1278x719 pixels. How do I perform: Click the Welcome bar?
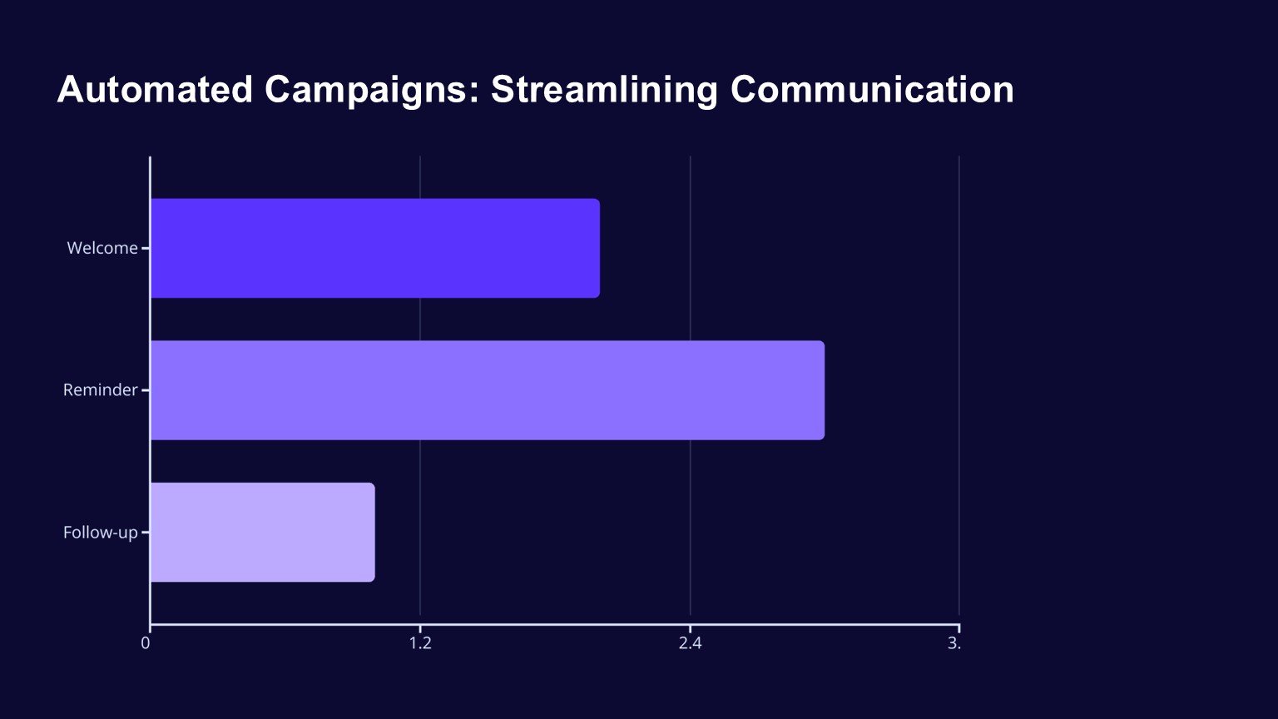pyautogui.click(x=374, y=248)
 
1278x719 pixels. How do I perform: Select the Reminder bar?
pyautogui.click(x=487, y=390)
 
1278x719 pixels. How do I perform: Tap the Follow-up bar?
pyautogui.click(x=262, y=533)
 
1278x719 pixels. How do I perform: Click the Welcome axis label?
pyautogui.click(x=102, y=248)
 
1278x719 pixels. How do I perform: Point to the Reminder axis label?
pyautogui.click(x=100, y=390)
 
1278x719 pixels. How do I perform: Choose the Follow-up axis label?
pyautogui.click(x=100, y=533)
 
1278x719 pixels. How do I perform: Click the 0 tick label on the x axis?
pyautogui.click(x=146, y=643)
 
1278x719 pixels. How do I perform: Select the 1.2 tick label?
pyautogui.click(x=420, y=643)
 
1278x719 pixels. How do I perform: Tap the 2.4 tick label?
pyautogui.click(x=690, y=643)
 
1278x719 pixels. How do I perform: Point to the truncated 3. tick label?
pyautogui.click(x=954, y=643)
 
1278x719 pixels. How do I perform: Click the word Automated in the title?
pyautogui.click(x=155, y=90)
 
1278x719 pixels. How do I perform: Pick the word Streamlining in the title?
pyautogui.click(x=604, y=90)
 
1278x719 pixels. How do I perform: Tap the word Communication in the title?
pyautogui.click(x=872, y=90)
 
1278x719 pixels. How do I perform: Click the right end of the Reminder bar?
pyautogui.click(x=821, y=390)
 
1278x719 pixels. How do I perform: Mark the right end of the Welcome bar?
pyautogui.click(x=597, y=248)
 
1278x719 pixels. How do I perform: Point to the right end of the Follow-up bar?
pyautogui.click(x=372, y=533)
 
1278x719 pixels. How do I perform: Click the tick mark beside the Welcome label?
pyautogui.click(x=146, y=248)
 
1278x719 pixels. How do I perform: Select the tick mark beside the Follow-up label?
pyautogui.click(x=146, y=533)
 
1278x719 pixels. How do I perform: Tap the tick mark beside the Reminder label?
pyautogui.click(x=146, y=390)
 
